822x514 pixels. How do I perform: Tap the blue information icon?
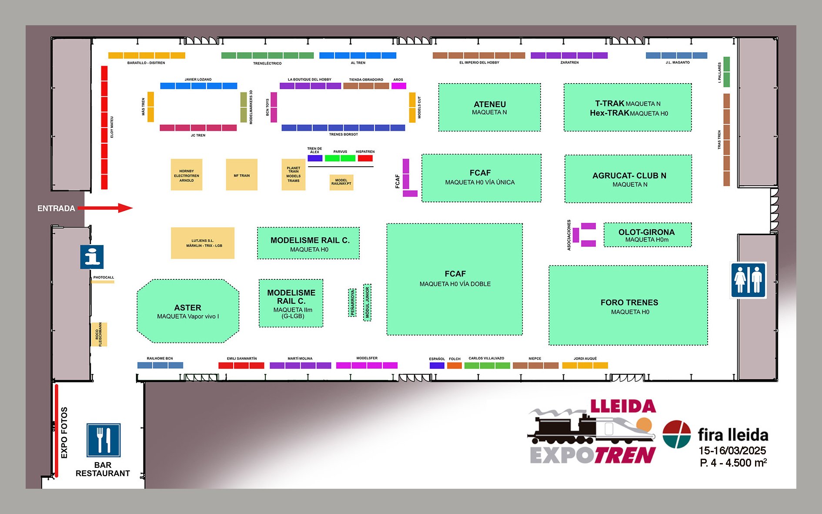[x=92, y=257]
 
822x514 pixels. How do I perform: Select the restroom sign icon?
[x=748, y=280]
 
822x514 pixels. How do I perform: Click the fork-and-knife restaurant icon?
[x=103, y=440]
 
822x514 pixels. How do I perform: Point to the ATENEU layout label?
[x=490, y=104]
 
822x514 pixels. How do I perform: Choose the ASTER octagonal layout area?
[x=188, y=311]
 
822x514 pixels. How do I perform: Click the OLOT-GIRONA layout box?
[x=647, y=235]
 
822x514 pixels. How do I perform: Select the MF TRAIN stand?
[x=242, y=175]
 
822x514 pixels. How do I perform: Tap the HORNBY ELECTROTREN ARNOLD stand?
[x=187, y=175]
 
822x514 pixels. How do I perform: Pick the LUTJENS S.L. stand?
[x=203, y=243]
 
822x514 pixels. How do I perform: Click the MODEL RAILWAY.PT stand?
[x=341, y=182]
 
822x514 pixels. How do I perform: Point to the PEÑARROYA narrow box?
[x=352, y=302]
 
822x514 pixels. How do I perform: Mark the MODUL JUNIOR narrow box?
[x=367, y=302]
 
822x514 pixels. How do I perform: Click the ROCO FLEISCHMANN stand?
[x=99, y=334]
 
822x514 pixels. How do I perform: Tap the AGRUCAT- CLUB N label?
[x=629, y=176]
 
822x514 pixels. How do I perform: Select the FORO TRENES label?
[x=629, y=302]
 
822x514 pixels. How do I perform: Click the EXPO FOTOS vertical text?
[x=64, y=433]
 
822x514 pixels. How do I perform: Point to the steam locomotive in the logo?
[x=561, y=429]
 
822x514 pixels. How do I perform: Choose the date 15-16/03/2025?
[x=732, y=450]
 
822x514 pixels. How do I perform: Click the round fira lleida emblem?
[x=676, y=434]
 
